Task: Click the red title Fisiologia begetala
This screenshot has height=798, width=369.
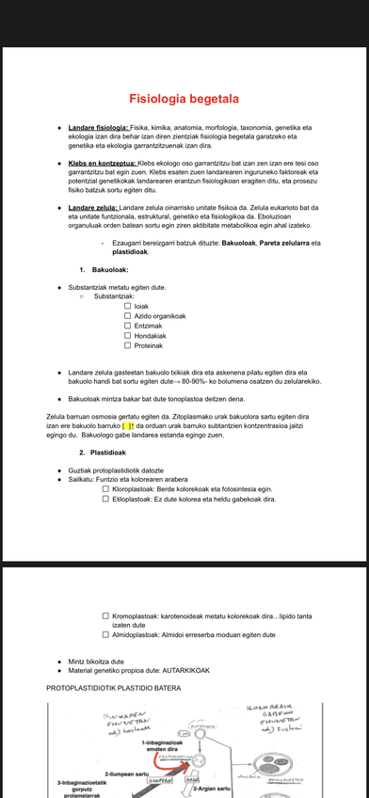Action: point(184,99)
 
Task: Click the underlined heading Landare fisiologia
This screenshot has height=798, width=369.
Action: point(99,127)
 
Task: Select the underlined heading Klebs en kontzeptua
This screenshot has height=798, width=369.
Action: point(103,162)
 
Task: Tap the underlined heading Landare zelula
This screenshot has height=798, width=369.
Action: point(93,207)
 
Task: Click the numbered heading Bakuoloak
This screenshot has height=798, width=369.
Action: point(109,270)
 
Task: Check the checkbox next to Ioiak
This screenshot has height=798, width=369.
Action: point(128,306)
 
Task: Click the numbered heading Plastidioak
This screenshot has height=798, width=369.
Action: point(113,453)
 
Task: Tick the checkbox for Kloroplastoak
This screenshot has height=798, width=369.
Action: point(105,489)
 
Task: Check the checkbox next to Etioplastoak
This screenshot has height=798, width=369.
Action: point(105,500)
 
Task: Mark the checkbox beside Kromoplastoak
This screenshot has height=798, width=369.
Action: point(105,616)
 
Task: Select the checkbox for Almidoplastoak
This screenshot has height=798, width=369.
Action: point(105,635)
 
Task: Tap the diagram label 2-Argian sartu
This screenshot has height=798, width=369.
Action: point(212,788)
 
